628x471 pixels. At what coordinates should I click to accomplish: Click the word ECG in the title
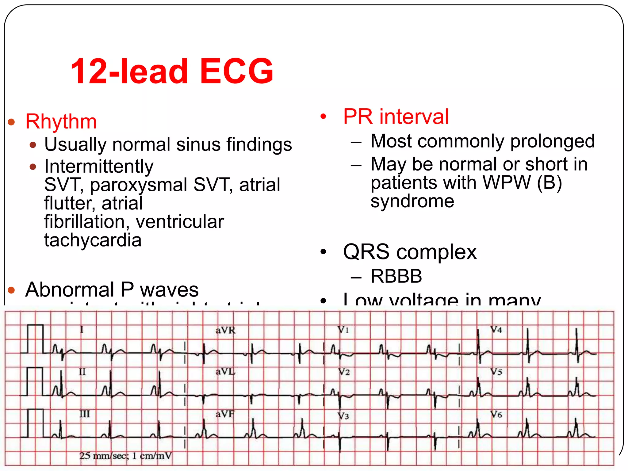tap(236, 71)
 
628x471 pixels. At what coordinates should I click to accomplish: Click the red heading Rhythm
tap(61, 121)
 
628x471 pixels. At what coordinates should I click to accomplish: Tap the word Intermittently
tap(99, 167)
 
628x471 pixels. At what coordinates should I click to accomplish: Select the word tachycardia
tap(93, 240)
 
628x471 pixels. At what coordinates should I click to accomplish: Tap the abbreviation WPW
tap(507, 183)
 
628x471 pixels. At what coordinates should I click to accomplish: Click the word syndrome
tap(412, 201)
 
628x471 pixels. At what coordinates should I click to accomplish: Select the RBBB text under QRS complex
tap(396, 276)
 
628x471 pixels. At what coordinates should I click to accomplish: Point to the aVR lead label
tap(225, 331)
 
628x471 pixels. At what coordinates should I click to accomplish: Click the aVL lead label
tap(225, 372)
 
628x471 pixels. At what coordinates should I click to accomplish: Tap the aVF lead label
tap(225, 414)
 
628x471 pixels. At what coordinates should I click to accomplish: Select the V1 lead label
tap(343, 330)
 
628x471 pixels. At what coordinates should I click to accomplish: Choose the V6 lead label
tap(496, 415)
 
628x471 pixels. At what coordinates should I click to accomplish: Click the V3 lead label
tap(343, 415)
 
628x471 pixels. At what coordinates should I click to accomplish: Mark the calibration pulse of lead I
tap(36, 339)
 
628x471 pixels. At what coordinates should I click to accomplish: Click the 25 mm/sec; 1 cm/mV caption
tap(125, 456)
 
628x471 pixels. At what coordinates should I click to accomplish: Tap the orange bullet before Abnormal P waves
tap(12, 290)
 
